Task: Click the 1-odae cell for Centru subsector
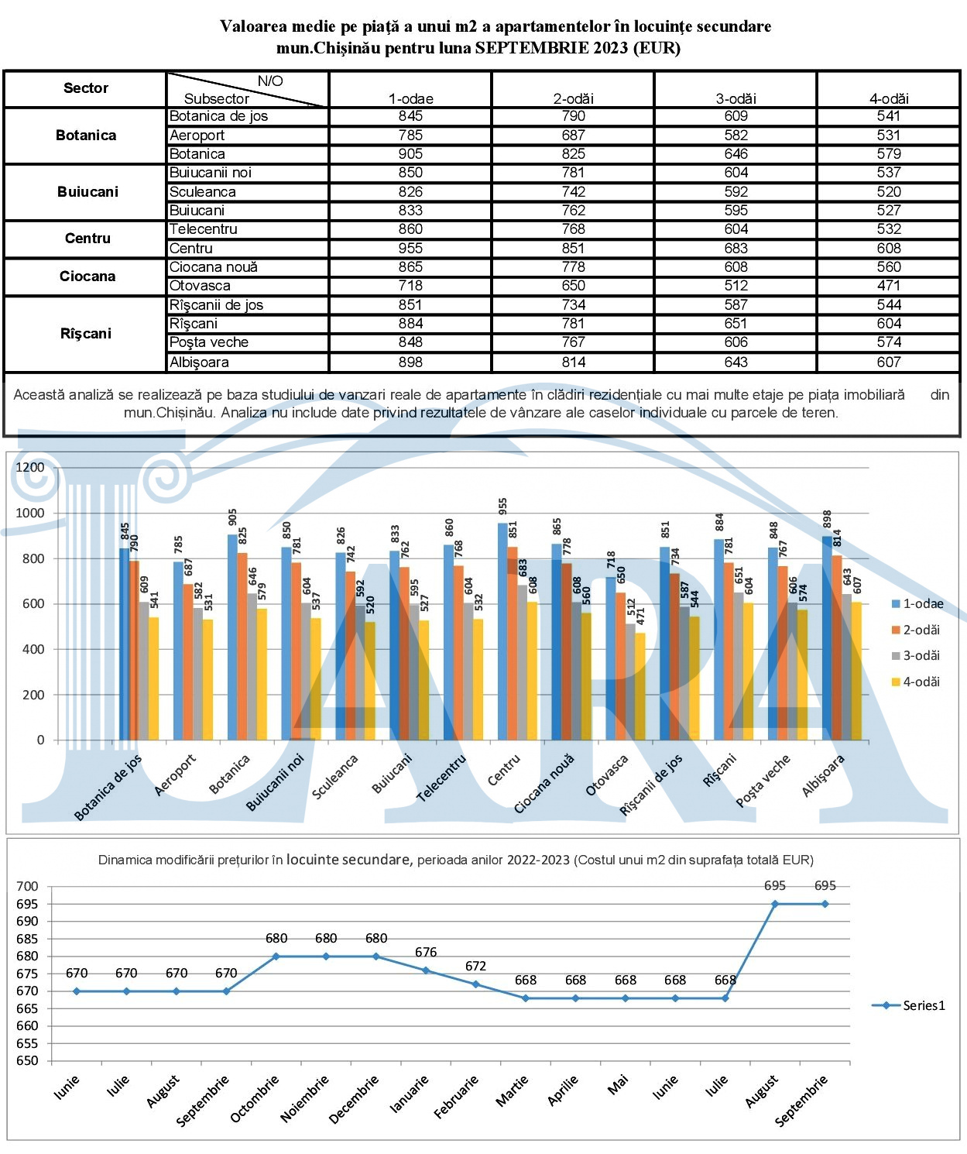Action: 410,249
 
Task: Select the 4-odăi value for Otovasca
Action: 888,286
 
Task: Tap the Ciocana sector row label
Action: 87,276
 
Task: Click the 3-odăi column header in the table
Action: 736,98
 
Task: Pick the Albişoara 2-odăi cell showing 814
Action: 573,362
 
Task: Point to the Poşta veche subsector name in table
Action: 209,342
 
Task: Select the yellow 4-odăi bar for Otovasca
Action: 640,686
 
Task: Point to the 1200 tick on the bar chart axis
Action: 30,467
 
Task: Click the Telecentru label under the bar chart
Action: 442,778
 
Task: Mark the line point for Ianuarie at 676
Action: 426,970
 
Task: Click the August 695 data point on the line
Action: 775,904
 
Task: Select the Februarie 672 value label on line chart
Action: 475,966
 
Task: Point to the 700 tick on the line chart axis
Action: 27,886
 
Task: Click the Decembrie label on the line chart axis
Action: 355,1098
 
